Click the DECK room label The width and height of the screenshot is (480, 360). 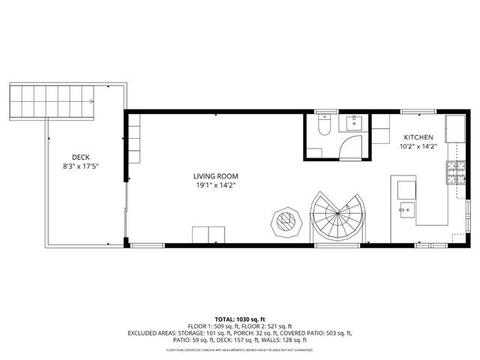coord(80,157)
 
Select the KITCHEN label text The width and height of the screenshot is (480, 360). coord(418,137)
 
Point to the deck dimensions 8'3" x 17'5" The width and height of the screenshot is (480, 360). coord(80,166)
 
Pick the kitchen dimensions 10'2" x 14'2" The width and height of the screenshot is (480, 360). coord(418,146)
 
